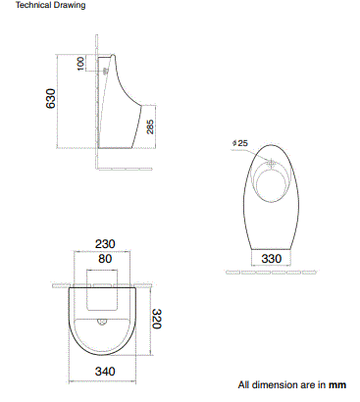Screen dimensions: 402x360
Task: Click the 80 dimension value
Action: [x=104, y=260]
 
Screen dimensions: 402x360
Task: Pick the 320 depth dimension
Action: [x=154, y=319]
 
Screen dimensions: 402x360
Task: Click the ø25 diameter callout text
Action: [x=240, y=143]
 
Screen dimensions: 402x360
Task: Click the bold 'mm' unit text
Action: [x=337, y=385]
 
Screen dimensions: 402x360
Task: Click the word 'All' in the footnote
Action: [x=245, y=385]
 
